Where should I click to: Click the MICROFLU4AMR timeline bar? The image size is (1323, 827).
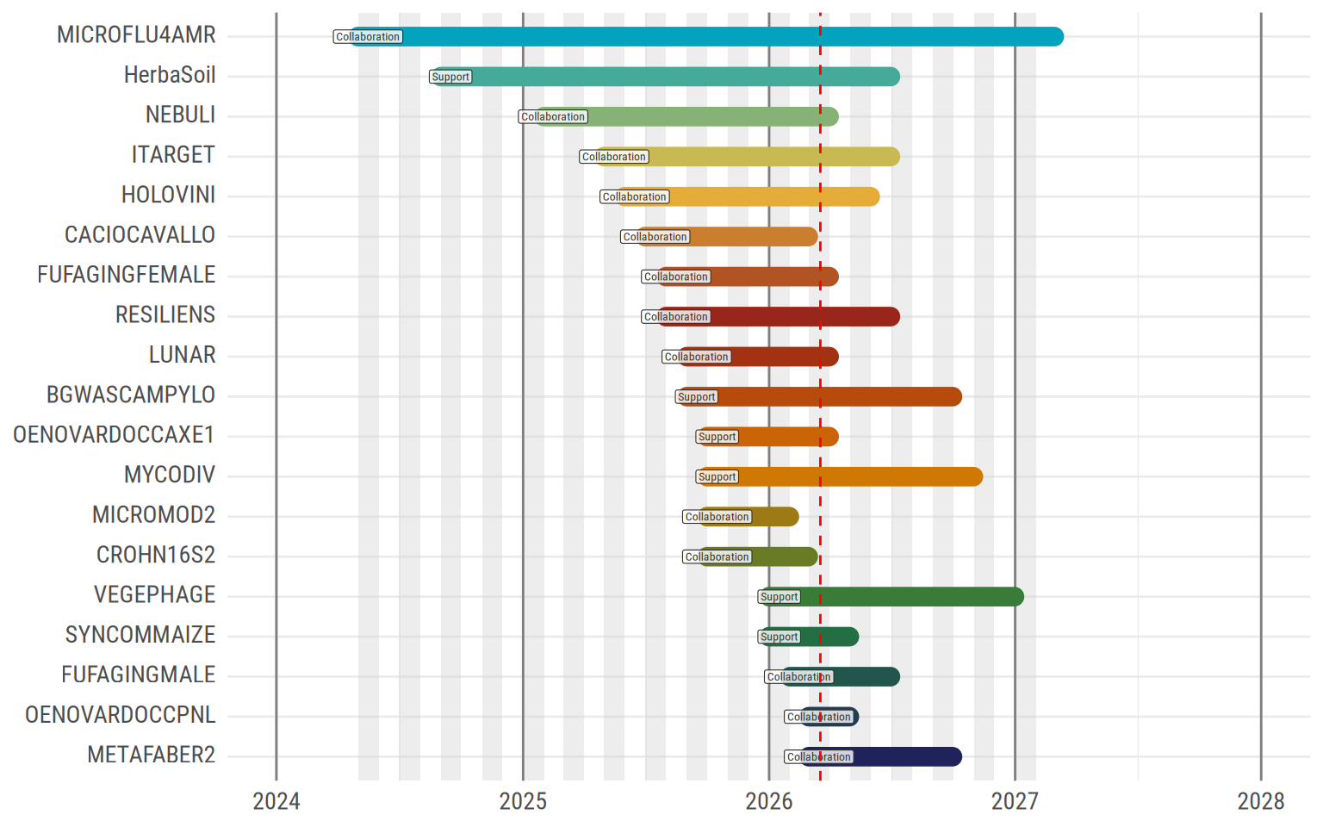pyautogui.click(x=706, y=37)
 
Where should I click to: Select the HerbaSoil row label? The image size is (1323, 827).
pyautogui.click(x=170, y=76)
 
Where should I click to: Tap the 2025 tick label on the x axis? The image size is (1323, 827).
pyautogui.click(x=523, y=801)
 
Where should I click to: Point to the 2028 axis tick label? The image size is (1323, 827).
pyautogui.click(x=1260, y=801)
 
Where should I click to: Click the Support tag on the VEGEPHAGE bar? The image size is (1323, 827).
pyautogui.click(x=780, y=597)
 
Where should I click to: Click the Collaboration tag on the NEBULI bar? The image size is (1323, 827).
pyautogui.click(x=553, y=117)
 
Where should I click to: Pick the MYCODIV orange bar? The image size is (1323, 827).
pyautogui.click(x=861, y=477)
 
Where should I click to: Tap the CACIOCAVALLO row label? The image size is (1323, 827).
pyautogui.click(x=140, y=235)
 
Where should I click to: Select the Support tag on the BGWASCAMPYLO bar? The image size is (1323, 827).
pyautogui.click(x=697, y=397)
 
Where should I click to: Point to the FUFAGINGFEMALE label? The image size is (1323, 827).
pyautogui.click(x=126, y=275)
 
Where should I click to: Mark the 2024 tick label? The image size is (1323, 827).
pyautogui.click(x=276, y=801)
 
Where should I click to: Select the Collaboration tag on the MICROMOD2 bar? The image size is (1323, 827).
pyautogui.click(x=717, y=517)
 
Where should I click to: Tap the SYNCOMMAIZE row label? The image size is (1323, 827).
pyautogui.click(x=140, y=635)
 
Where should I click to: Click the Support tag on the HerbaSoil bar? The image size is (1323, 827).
pyautogui.click(x=450, y=78)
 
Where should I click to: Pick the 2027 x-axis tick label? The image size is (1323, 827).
pyautogui.click(x=1015, y=801)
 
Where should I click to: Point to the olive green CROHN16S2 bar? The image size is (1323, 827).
pyautogui.click(x=784, y=557)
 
